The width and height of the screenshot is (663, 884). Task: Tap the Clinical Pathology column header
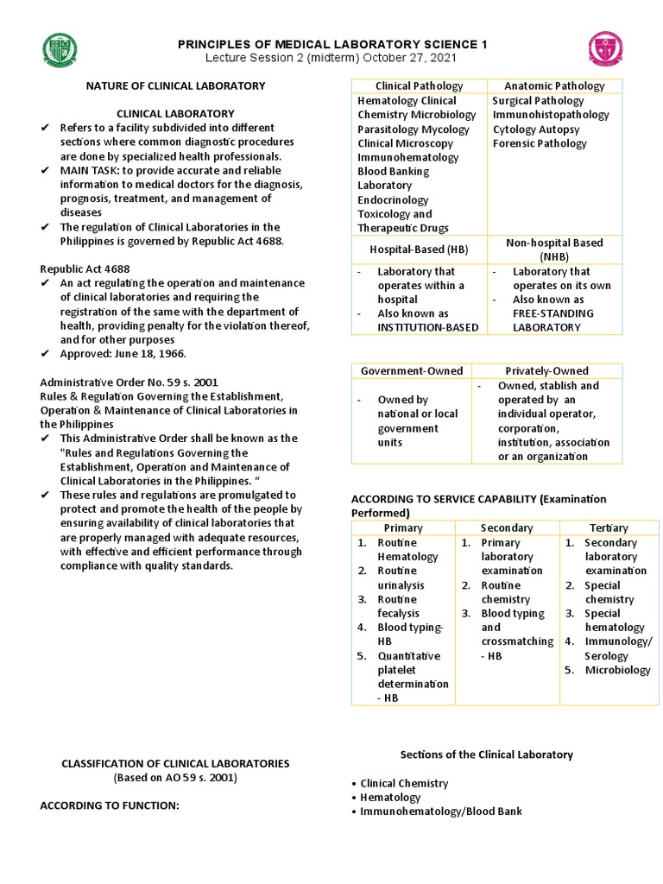point(419,85)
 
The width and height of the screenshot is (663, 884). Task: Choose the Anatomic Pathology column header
point(554,85)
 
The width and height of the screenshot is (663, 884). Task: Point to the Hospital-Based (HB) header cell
point(419,249)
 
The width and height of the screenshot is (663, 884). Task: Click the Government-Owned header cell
point(412,370)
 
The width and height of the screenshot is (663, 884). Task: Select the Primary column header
point(403,527)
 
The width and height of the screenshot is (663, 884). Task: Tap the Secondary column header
point(507,527)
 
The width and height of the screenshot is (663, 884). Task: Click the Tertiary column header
point(609,527)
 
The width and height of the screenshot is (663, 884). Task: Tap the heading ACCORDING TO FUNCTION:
point(110,805)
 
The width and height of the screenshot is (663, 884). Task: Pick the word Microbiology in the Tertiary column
point(617,670)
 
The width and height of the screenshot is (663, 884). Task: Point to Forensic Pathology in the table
point(540,143)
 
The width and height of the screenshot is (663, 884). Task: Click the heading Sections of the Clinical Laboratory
point(486,755)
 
